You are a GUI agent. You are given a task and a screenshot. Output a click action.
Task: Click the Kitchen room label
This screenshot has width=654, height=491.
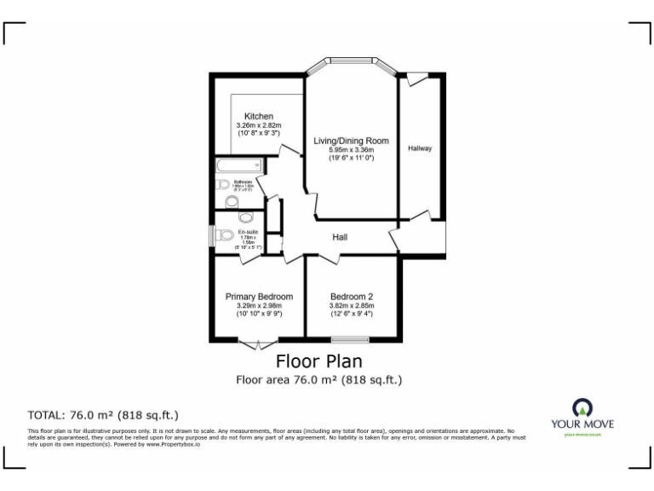[x=258, y=116]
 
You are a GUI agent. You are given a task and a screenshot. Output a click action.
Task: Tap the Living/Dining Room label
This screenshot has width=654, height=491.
[x=351, y=141]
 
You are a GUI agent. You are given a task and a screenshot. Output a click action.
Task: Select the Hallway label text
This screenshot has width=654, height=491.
[x=420, y=148]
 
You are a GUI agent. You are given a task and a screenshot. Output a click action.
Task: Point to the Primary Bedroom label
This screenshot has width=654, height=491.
[x=259, y=297]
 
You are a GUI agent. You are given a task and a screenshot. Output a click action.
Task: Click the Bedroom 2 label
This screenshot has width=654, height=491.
[x=352, y=297]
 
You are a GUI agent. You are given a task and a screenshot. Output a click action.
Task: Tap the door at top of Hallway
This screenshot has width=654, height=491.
[x=416, y=79]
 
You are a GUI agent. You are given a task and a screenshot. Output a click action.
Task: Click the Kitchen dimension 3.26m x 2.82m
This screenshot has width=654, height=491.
[x=258, y=126]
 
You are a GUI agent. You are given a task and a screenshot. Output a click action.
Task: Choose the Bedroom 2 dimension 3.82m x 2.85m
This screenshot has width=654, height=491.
[x=352, y=306]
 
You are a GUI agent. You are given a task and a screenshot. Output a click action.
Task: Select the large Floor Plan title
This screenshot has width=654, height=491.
[x=317, y=361]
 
